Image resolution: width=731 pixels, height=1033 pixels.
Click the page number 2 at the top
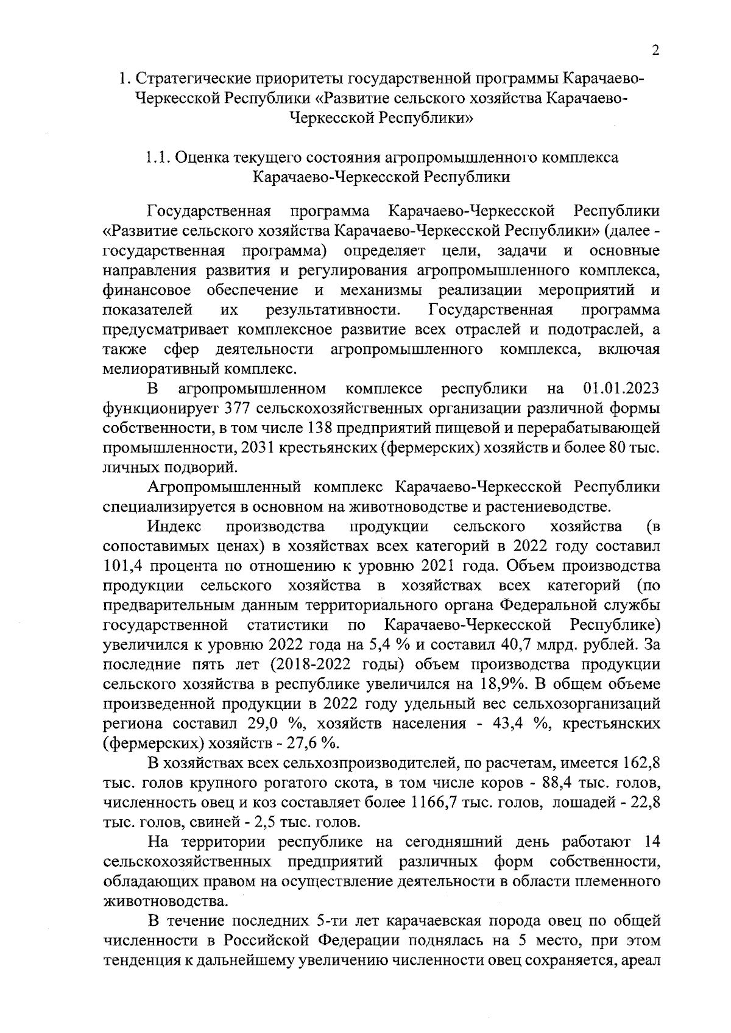[x=655, y=51]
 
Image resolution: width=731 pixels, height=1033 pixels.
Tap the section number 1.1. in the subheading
[x=158, y=158]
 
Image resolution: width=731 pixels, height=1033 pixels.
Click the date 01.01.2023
[x=621, y=389]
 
